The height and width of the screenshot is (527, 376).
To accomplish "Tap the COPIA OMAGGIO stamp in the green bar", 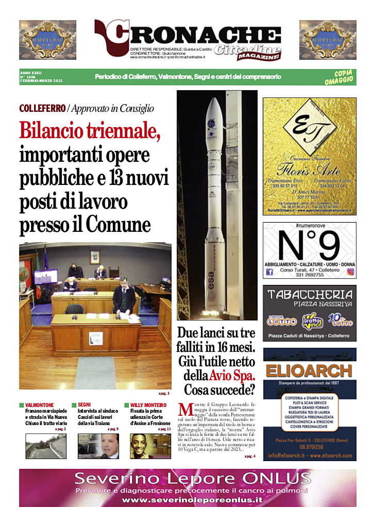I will pyautogui.click(x=339, y=77).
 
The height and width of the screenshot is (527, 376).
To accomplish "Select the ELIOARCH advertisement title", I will pyautogui.click(x=309, y=370).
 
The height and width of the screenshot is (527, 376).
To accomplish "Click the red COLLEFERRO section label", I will pyautogui.click(x=42, y=109).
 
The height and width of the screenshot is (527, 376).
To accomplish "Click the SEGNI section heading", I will pyautogui.click(x=84, y=405).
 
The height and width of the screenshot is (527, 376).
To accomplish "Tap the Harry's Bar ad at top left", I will pyautogui.click(x=47, y=40).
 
